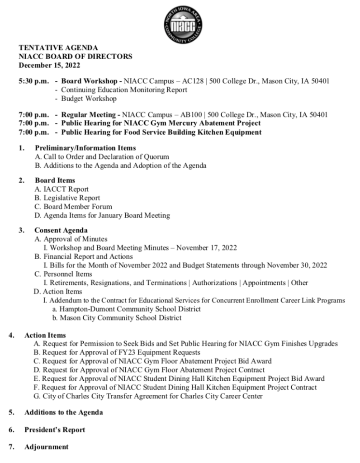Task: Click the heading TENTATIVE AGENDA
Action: point(58,47)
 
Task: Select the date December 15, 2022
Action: point(49,65)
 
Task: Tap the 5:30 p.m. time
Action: point(33,81)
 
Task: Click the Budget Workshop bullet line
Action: point(89,99)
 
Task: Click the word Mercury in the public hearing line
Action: point(180,123)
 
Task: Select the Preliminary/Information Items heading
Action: point(85,148)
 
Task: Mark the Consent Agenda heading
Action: point(61,231)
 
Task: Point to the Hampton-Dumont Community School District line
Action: point(126,309)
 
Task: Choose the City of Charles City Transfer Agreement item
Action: point(148,397)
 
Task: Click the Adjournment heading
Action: point(47,447)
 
